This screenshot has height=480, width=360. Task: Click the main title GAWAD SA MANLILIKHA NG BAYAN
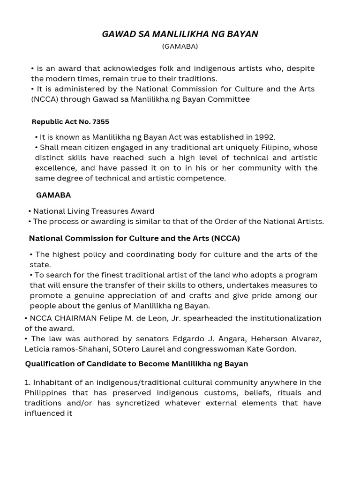[x=180, y=34]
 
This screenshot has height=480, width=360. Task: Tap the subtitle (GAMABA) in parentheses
[x=180, y=46]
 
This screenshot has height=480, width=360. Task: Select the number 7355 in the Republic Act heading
[x=101, y=122]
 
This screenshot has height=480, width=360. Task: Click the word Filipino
[x=274, y=147]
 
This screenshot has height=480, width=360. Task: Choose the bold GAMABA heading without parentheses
[x=53, y=195]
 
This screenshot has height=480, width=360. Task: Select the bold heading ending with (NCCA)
[x=135, y=238]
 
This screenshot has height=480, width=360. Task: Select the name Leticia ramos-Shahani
[x=64, y=349]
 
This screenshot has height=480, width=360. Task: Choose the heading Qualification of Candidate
[x=136, y=364]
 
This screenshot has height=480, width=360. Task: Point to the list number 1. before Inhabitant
[x=28, y=383]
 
